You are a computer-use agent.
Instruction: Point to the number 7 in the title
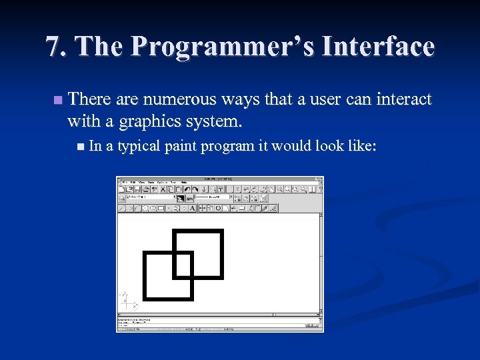coord(53,47)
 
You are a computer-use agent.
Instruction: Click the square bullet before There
coord(58,101)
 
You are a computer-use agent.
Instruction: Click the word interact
coord(405,100)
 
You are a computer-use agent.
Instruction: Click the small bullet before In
coord(81,146)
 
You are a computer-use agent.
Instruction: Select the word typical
coord(139,145)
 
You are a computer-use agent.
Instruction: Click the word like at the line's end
coord(362,145)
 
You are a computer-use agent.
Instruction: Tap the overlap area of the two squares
coord(183,264)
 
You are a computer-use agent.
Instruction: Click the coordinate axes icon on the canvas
coord(127,301)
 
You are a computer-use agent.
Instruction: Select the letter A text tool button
coord(192,208)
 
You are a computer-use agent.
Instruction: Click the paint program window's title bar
coord(220,179)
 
